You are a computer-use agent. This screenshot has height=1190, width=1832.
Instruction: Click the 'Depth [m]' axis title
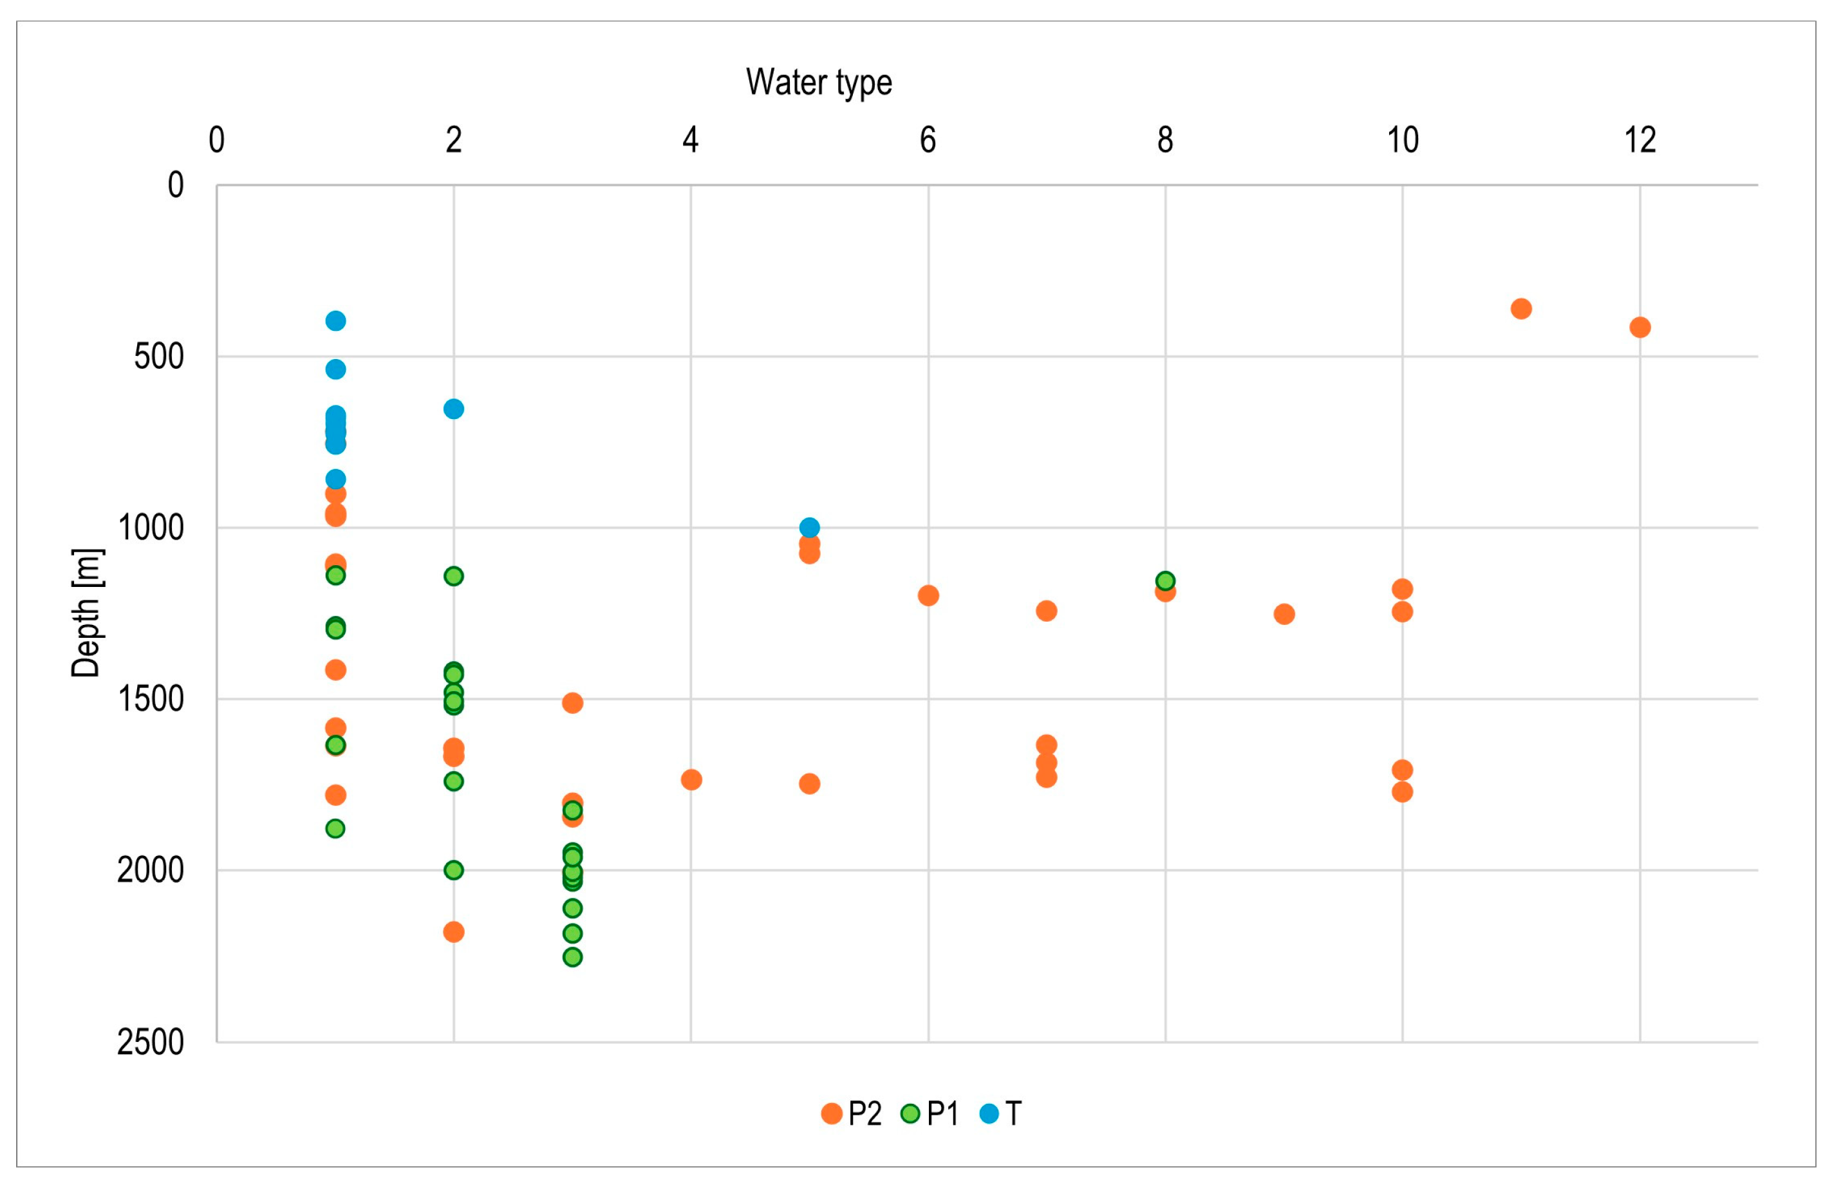click(86, 613)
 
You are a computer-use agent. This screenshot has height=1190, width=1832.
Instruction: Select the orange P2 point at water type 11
click(1521, 309)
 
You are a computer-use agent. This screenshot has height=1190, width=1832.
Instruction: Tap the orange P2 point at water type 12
click(1640, 327)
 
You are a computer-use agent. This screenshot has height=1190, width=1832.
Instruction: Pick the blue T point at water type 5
click(809, 527)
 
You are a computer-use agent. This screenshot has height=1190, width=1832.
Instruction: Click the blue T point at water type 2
click(453, 409)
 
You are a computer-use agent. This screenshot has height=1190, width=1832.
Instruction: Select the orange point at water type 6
click(928, 595)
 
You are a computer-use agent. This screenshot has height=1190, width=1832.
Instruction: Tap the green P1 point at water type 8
click(1165, 581)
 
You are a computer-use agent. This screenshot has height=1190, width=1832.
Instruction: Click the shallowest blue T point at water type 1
click(335, 321)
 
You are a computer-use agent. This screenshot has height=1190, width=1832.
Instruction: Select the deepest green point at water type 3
click(572, 957)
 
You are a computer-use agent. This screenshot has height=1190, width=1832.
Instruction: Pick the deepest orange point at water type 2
click(453, 932)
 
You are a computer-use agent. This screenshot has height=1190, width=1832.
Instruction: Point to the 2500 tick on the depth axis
click(151, 1042)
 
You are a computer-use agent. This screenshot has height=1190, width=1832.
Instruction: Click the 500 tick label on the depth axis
click(160, 357)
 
